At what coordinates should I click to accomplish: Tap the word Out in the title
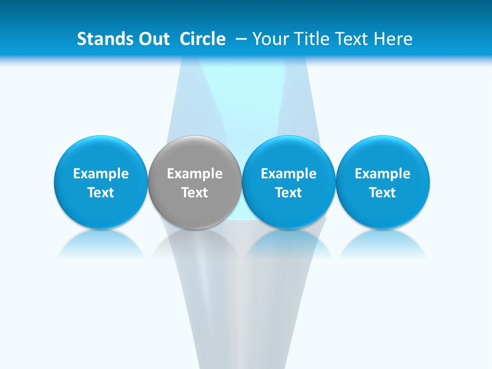152,39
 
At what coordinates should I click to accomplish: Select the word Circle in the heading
202,39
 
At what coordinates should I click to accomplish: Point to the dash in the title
241,39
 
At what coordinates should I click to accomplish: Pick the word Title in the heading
311,39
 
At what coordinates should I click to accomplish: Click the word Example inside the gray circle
195,174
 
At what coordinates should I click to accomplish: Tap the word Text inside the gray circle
195,193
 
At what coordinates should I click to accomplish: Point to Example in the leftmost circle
101,174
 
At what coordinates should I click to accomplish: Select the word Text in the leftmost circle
101,193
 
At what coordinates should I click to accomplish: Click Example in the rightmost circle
383,174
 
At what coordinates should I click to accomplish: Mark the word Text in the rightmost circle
383,193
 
